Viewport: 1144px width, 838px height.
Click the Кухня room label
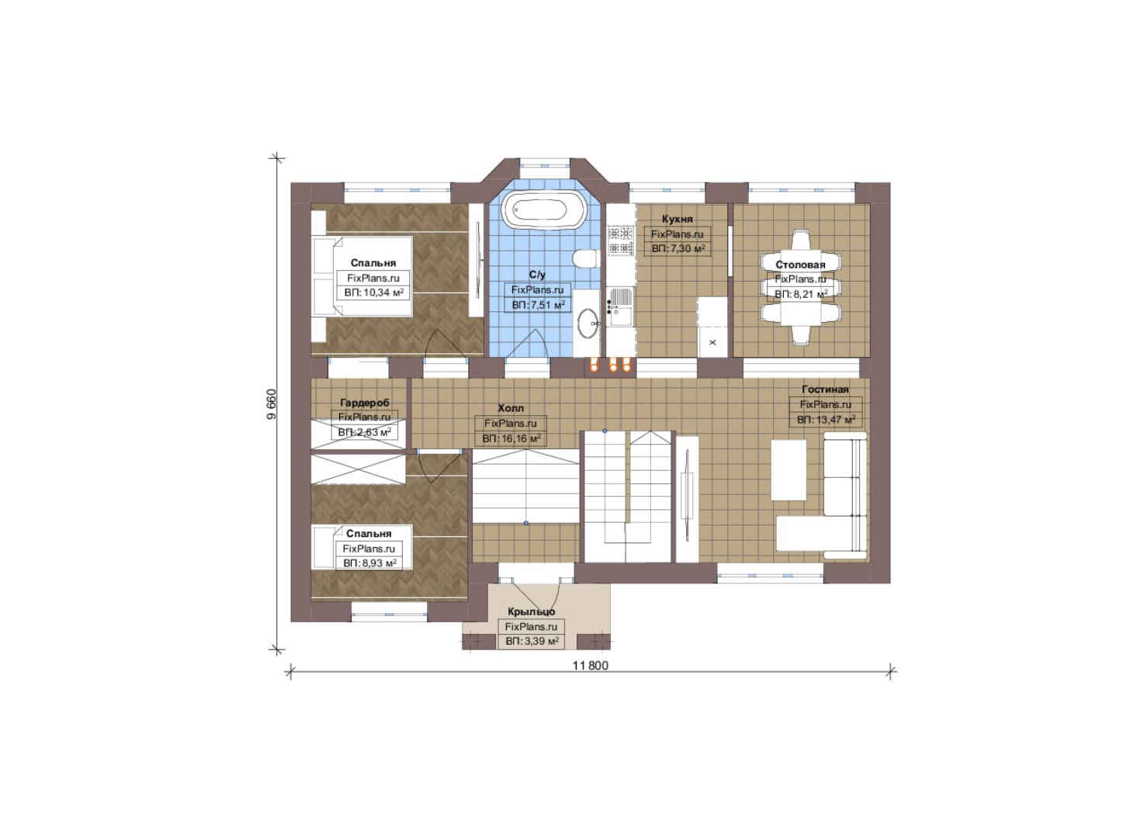click(678, 219)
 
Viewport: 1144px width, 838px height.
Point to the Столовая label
click(800, 265)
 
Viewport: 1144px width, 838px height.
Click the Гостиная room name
click(825, 389)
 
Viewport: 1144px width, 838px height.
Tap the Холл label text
click(511, 408)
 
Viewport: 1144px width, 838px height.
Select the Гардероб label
click(364, 403)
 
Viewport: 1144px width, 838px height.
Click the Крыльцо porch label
click(531, 611)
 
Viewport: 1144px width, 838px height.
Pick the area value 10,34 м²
click(374, 293)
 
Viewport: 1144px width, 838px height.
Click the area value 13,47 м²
click(826, 420)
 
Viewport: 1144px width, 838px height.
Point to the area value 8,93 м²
click(369, 563)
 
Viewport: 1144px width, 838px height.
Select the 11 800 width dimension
click(591, 666)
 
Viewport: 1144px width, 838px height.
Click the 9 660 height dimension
click(271, 404)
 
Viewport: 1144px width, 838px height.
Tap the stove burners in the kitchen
click(621, 241)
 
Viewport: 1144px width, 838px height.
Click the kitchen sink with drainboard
click(620, 306)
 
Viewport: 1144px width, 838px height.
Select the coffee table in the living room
click(789, 469)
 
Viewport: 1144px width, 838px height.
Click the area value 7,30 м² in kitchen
click(678, 249)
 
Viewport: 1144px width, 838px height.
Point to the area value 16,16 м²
click(511, 438)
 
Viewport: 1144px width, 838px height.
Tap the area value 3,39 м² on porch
click(532, 641)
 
